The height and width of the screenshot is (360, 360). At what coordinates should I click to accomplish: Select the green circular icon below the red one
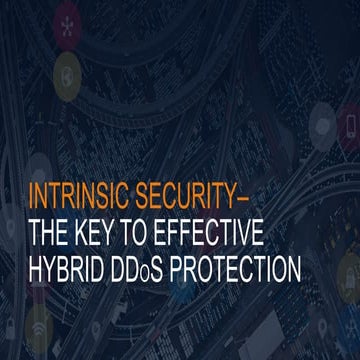click(x=63, y=71)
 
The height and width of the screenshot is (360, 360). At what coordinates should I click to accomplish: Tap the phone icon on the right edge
click(x=349, y=126)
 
